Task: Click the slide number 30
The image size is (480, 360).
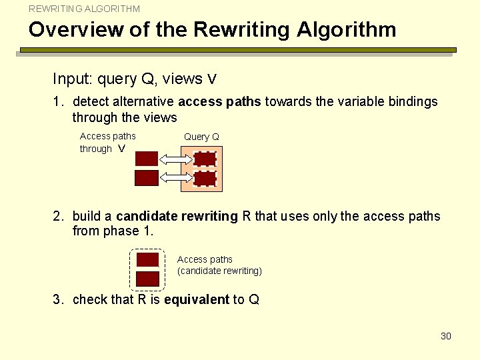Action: click(x=446, y=336)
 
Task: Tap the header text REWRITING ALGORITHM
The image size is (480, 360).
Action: click(x=85, y=9)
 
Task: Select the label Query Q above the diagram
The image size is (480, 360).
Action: click(x=201, y=137)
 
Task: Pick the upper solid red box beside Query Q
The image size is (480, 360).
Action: click(x=147, y=159)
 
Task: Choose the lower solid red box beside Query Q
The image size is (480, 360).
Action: click(x=147, y=178)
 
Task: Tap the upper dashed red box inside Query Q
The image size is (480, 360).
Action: click(x=205, y=159)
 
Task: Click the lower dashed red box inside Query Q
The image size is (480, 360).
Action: click(x=205, y=179)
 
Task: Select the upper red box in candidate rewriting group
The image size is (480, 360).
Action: click(x=147, y=259)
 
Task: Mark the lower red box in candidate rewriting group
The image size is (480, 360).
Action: click(x=147, y=279)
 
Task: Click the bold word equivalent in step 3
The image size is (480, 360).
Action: click(x=196, y=300)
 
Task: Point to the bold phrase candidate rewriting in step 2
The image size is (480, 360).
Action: click(x=177, y=217)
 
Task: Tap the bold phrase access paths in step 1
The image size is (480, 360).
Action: click(x=220, y=102)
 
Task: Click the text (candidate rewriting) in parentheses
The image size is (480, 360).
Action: click(x=219, y=271)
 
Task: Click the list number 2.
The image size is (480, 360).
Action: click(x=58, y=217)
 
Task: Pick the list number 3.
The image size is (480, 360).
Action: click(x=58, y=300)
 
